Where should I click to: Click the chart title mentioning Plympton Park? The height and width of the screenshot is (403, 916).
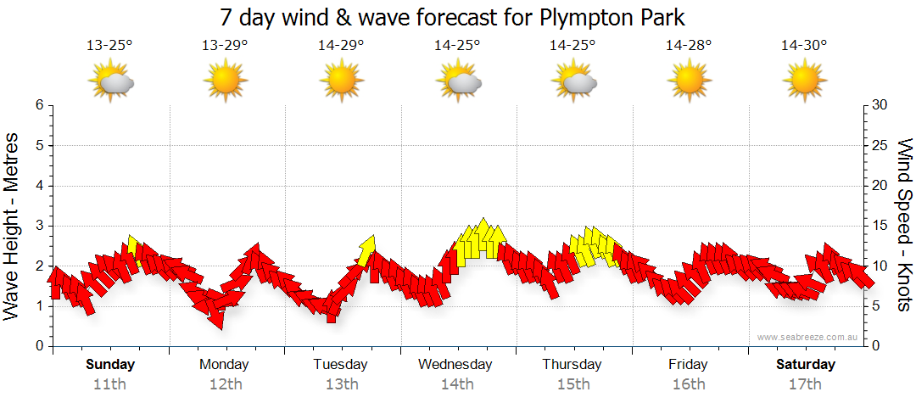[452, 17]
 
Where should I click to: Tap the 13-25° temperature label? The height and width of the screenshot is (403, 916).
[109, 46]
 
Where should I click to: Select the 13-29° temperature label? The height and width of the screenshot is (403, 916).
[225, 46]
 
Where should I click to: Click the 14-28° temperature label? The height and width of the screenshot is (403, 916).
[688, 46]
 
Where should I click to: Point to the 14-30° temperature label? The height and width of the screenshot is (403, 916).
[804, 46]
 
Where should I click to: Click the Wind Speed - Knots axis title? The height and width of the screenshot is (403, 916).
[903, 225]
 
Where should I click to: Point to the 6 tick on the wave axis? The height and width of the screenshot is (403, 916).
[39, 105]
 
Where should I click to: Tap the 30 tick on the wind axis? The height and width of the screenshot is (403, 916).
[880, 105]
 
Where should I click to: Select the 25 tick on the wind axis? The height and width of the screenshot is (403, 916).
[880, 145]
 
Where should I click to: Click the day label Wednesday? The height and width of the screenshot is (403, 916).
[455, 365]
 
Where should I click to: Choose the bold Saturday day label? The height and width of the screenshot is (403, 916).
[806, 365]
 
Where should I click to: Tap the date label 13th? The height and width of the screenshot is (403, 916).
[341, 384]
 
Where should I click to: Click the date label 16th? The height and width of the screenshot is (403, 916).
[688, 384]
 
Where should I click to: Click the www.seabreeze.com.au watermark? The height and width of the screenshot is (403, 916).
[809, 337]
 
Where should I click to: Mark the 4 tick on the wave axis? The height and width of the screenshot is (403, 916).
[39, 186]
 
